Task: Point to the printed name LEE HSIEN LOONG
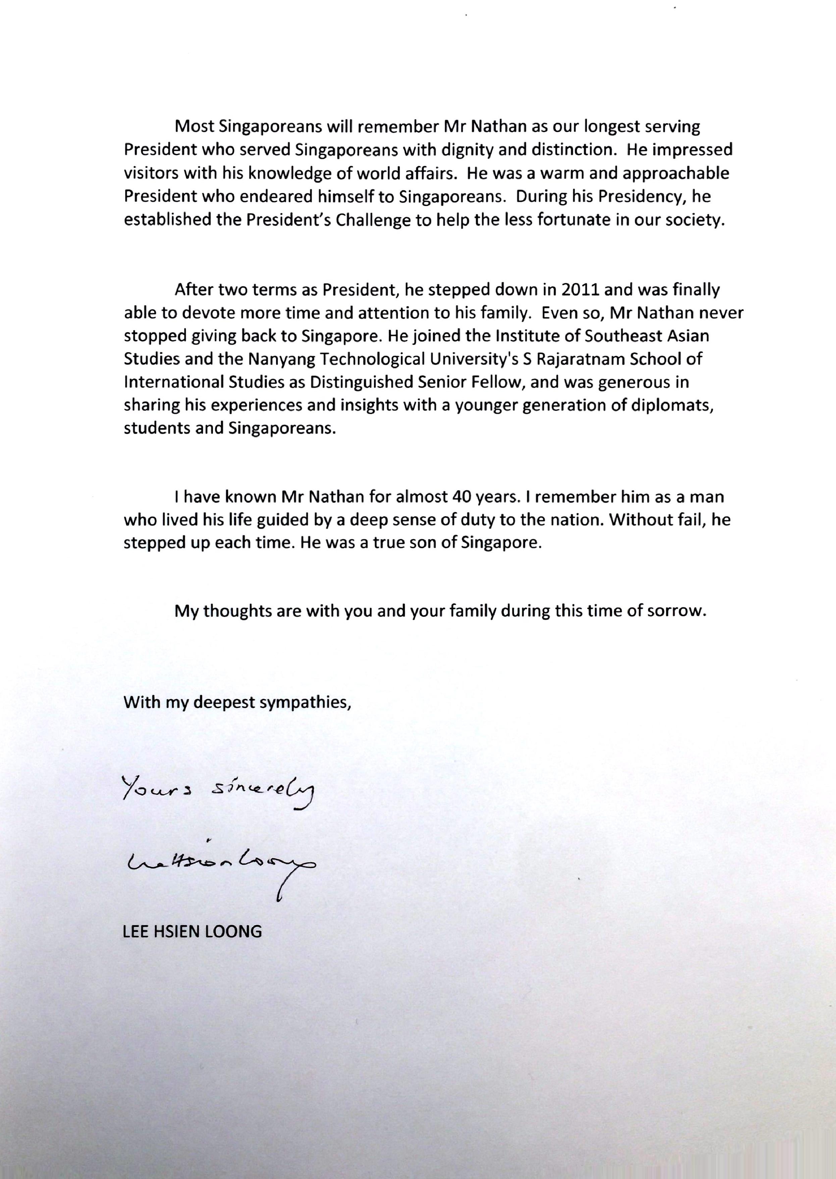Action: tap(192, 931)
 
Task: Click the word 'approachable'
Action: tap(676, 174)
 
